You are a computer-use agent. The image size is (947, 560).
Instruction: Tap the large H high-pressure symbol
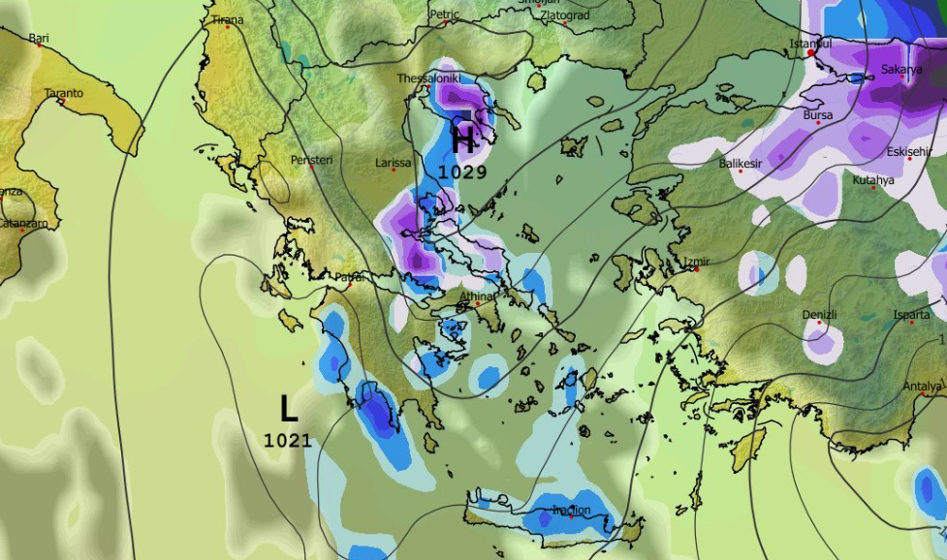click(464, 140)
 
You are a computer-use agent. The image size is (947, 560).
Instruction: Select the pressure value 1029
click(462, 171)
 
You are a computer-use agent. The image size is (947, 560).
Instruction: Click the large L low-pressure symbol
click(288, 409)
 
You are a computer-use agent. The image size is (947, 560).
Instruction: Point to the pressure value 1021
click(288, 441)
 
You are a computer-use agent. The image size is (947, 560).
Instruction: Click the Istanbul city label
click(810, 45)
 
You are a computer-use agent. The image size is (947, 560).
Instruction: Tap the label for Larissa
click(394, 164)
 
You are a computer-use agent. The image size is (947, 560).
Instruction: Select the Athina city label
click(477, 296)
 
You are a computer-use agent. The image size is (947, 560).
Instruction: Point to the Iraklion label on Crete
click(571, 510)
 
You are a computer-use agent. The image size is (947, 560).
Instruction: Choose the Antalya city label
click(922, 387)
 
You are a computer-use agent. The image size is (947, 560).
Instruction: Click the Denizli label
click(819, 316)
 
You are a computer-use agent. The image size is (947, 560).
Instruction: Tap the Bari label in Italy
click(39, 39)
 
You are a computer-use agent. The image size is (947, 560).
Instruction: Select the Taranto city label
click(64, 93)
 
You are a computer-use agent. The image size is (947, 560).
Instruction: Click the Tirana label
click(228, 19)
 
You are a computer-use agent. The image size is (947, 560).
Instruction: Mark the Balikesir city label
click(740, 164)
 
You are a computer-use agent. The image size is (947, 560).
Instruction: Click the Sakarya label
click(901, 70)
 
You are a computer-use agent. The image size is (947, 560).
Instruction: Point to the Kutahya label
click(873, 180)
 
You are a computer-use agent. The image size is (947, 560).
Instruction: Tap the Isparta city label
click(912, 316)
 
